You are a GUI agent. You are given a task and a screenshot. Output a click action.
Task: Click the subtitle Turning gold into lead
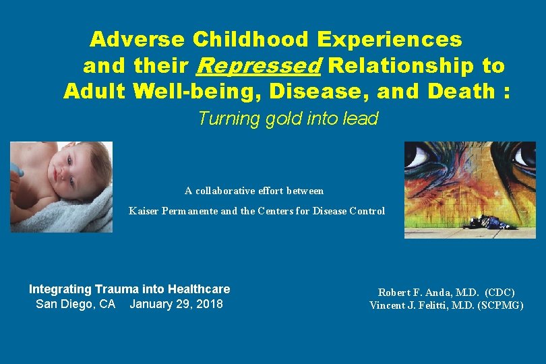pos(288,119)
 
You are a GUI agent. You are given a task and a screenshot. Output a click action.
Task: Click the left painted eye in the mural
pos(421,156)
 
